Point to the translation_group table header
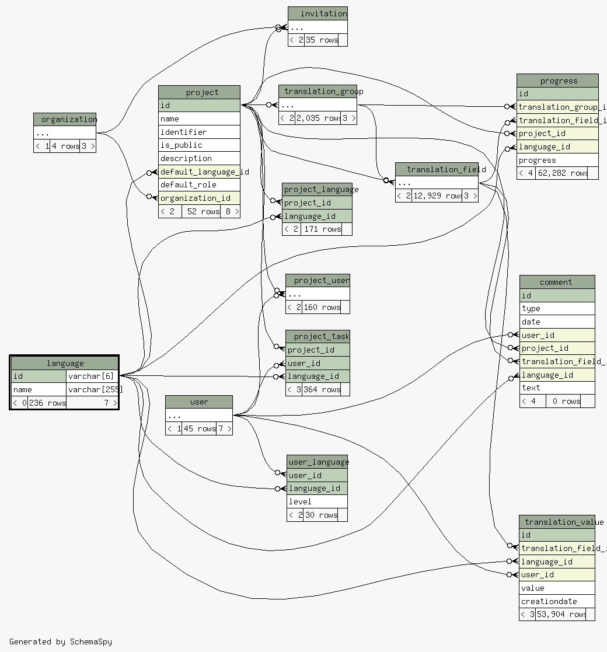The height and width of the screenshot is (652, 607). click(x=318, y=92)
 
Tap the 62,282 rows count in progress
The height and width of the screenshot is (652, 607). click(x=562, y=173)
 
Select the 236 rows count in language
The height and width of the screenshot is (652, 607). click(x=47, y=403)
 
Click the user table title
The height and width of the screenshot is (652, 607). click(x=199, y=402)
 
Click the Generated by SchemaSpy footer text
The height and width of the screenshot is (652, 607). click(x=61, y=641)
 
